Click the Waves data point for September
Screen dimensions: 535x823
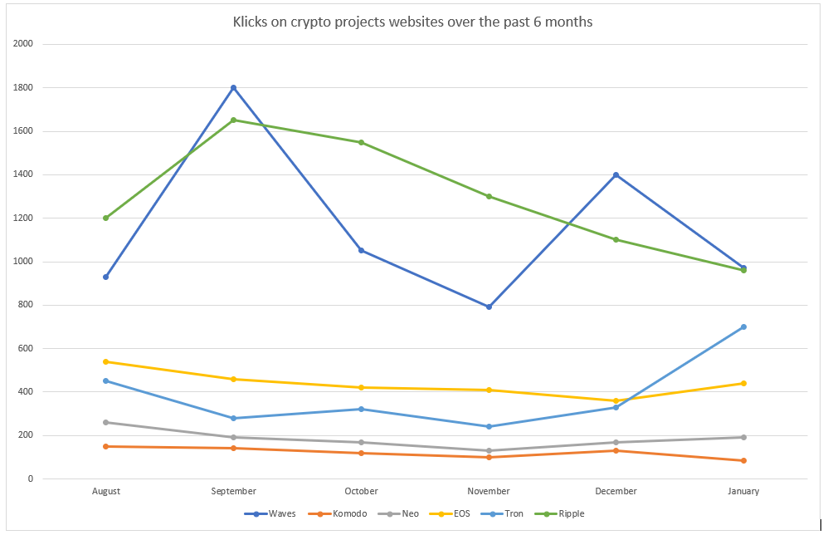click(233, 87)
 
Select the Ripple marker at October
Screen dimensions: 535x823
click(361, 142)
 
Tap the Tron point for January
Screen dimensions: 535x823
click(743, 326)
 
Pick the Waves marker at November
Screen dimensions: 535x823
click(489, 307)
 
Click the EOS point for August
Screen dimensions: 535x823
click(106, 361)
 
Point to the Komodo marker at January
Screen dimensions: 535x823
click(743, 460)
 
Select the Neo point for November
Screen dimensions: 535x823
click(489, 450)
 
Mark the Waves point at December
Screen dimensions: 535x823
click(616, 174)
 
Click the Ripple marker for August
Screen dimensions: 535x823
click(106, 218)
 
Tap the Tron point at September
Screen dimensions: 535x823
click(233, 418)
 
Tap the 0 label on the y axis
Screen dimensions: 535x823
click(30, 479)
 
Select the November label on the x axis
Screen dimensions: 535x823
click(489, 491)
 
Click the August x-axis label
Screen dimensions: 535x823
click(106, 491)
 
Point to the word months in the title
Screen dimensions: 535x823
click(570, 22)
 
